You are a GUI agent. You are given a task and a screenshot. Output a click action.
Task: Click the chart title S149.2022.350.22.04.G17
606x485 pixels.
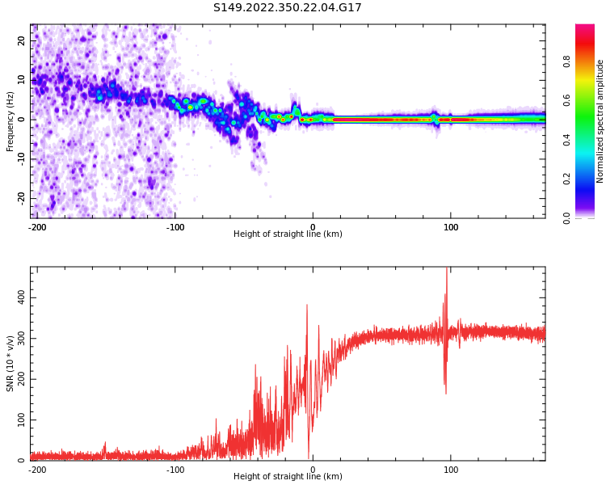tap(288, 8)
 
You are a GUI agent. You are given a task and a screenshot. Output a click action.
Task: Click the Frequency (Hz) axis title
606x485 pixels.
tap(11, 121)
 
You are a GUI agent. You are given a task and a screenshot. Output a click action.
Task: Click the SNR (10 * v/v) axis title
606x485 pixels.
tap(11, 364)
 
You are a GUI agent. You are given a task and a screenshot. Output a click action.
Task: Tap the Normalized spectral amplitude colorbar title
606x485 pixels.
tap(600, 121)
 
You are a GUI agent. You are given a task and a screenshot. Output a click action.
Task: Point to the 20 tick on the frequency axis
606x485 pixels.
tap(22, 40)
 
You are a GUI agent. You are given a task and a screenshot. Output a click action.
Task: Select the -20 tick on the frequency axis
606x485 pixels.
tap(21, 198)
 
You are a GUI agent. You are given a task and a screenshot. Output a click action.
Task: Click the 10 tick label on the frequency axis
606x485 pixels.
tap(22, 80)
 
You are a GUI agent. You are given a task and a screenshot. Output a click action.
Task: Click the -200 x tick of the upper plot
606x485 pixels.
tap(37, 227)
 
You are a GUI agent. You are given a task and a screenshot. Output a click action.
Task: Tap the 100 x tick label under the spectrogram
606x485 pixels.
tap(451, 227)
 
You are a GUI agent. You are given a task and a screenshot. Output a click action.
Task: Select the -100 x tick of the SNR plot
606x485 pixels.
tap(175, 470)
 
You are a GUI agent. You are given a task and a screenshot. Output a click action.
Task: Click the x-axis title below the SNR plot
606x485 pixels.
tap(288, 477)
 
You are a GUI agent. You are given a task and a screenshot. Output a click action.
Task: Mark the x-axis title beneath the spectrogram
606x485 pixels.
tap(288, 234)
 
